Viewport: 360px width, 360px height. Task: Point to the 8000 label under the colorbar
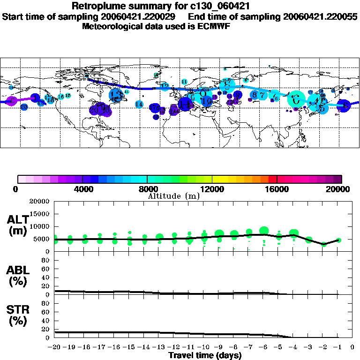(x=147, y=189)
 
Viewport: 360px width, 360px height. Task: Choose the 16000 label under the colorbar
(x=277, y=189)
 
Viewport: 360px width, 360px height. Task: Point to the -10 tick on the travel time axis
(x=204, y=347)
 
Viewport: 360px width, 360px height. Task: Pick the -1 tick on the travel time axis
(x=338, y=347)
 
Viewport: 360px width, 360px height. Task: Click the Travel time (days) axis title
(x=205, y=355)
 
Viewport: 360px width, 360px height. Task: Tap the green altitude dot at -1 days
(x=338, y=240)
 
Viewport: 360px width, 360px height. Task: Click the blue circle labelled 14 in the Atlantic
(x=139, y=104)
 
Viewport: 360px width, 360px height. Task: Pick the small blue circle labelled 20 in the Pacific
(x=24, y=107)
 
